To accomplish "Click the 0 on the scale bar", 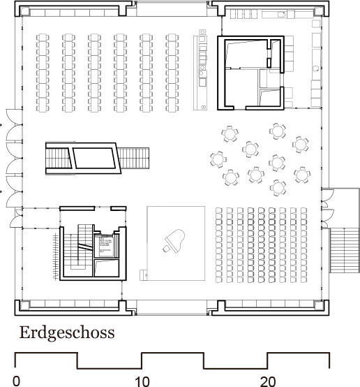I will [16, 381].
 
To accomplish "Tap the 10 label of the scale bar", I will [142, 381].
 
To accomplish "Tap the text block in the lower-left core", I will [105, 244].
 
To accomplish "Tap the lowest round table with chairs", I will [279, 187].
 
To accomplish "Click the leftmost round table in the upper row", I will [230, 131].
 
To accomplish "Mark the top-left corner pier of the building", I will [25, 11].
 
